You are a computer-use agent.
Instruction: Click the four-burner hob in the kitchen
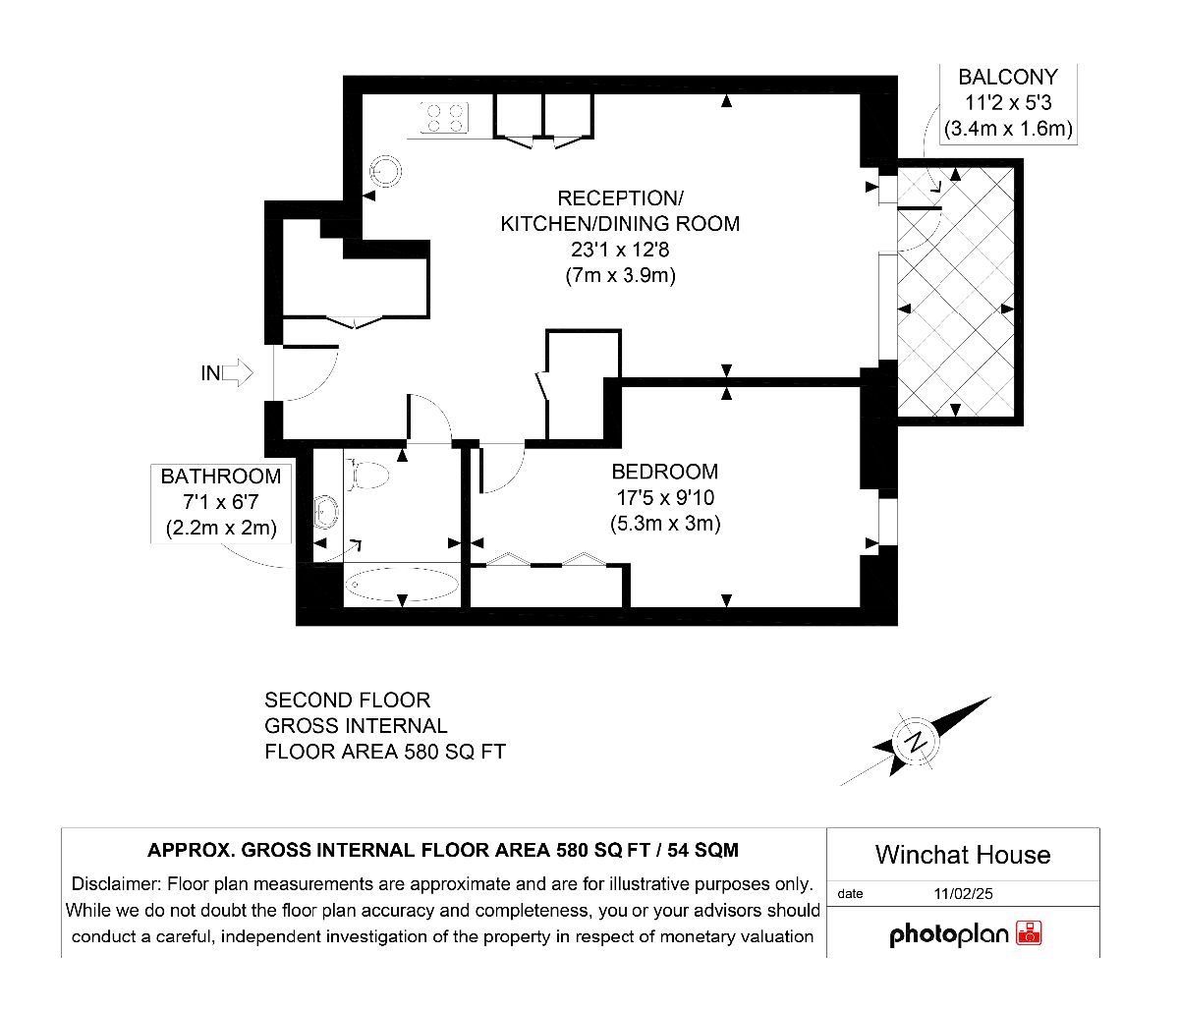[444, 118]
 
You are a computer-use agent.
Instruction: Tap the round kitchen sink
[385, 171]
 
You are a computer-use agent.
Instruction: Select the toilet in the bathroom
[365, 475]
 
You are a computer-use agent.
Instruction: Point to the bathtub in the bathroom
[402, 585]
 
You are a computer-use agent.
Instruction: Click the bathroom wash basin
[326, 511]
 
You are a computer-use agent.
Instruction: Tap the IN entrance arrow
[237, 373]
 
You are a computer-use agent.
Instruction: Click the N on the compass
[916, 741]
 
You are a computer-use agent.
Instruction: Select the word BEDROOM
[664, 472]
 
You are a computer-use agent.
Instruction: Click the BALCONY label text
[1008, 77]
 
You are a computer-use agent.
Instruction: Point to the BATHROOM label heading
[221, 476]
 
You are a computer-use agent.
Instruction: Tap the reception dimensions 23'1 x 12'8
[620, 250]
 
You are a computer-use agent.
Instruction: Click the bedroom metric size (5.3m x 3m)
[665, 524]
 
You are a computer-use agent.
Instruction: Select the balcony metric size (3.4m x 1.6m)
[1008, 129]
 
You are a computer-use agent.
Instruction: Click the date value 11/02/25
[963, 893]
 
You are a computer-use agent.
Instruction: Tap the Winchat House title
[963, 855]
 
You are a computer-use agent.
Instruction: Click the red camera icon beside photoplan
[1029, 933]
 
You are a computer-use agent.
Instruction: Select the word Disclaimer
[115, 884]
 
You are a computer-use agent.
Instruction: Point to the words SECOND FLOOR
[348, 701]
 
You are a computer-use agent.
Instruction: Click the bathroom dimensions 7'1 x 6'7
[221, 502]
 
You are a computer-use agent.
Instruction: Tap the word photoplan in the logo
[949, 934]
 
